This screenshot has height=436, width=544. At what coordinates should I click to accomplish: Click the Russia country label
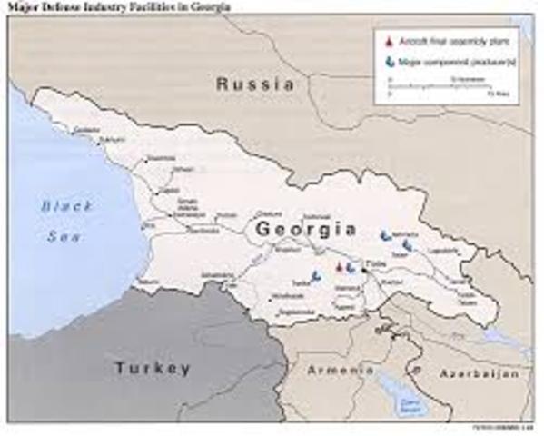(255, 84)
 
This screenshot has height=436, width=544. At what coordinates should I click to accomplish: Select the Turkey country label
(152, 368)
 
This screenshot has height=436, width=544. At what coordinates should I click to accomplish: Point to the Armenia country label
(340, 372)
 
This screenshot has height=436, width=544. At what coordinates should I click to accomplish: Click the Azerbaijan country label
(479, 373)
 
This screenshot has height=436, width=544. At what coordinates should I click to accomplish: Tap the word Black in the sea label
(61, 206)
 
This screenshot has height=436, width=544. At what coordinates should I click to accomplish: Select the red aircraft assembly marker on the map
(340, 267)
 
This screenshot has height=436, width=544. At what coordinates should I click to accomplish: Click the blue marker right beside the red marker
(350, 267)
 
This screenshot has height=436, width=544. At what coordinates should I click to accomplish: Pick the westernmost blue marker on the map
(316, 275)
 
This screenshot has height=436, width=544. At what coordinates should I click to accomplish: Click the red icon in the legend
(388, 43)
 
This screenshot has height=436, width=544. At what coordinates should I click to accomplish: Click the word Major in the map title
(27, 8)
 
